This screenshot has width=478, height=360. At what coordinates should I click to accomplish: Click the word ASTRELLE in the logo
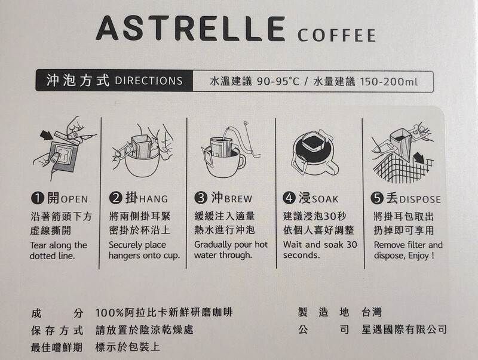191,28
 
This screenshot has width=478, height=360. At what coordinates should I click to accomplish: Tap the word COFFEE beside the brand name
336,35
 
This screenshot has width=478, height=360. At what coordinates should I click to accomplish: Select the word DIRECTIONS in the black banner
149,81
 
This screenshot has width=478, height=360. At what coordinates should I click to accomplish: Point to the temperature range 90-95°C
278,82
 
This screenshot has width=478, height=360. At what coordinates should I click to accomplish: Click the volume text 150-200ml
389,82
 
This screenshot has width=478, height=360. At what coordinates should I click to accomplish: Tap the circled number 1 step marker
37,198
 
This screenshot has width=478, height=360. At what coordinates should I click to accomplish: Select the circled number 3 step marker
200,198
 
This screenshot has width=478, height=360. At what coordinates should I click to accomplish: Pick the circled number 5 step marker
377,198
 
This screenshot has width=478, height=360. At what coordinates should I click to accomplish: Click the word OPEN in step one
74,199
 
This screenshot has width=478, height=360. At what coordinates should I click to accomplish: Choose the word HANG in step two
154,199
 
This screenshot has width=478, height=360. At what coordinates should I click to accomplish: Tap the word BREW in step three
238,199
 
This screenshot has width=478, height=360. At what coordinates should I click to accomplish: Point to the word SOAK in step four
324,199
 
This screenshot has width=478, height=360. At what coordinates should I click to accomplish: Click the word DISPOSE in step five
420,200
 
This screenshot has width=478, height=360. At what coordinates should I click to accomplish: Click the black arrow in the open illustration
46,135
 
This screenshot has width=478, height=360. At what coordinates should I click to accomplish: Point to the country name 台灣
372,312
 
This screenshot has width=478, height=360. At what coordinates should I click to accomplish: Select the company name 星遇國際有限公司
404,329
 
